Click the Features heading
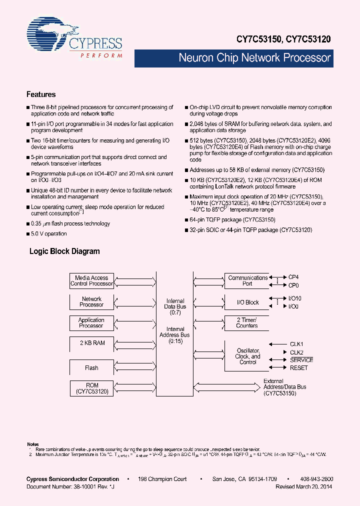click(x=41, y=94)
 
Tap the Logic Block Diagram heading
click(x=64, y=251)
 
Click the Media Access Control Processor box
click(x=91, y=281)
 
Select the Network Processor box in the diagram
click(x=91, y=301)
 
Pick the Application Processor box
click(x=91, y=323)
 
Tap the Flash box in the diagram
click(x=91, y=368)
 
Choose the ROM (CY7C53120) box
click(x=91, y=388)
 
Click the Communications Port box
click(x=247, y=281)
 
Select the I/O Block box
click(x=247, y=302)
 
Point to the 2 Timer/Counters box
click(x=247, y=323)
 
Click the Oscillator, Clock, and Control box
click(x=247, y=356)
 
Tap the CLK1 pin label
click(x=297, y=344)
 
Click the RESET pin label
click(x=298, y=368)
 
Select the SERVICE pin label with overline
click(x=301, y=360)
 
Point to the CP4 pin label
click(x=293, y=276)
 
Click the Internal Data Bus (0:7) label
click(x=175, y=304)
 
